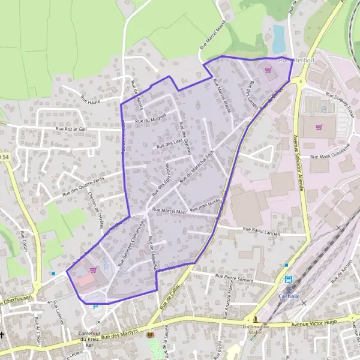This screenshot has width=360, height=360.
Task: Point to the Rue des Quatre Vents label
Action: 83,186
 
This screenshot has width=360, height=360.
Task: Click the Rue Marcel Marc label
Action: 170,211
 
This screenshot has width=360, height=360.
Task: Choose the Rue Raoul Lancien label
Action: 262,229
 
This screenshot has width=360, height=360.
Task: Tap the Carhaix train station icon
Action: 288,280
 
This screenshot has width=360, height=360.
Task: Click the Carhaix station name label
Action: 288,295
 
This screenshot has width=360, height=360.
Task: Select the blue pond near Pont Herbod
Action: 278,38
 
